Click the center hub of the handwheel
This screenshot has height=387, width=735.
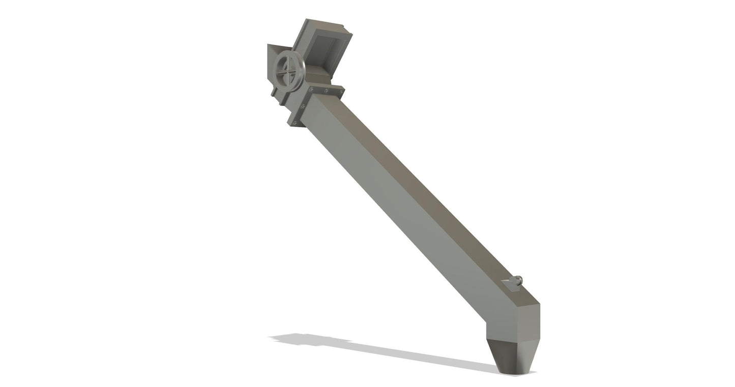(288, 71)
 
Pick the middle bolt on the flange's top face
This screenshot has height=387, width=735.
(326, 91)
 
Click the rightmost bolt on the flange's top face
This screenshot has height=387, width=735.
(339, 92)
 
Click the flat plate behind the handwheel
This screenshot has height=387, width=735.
(273, 59)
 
